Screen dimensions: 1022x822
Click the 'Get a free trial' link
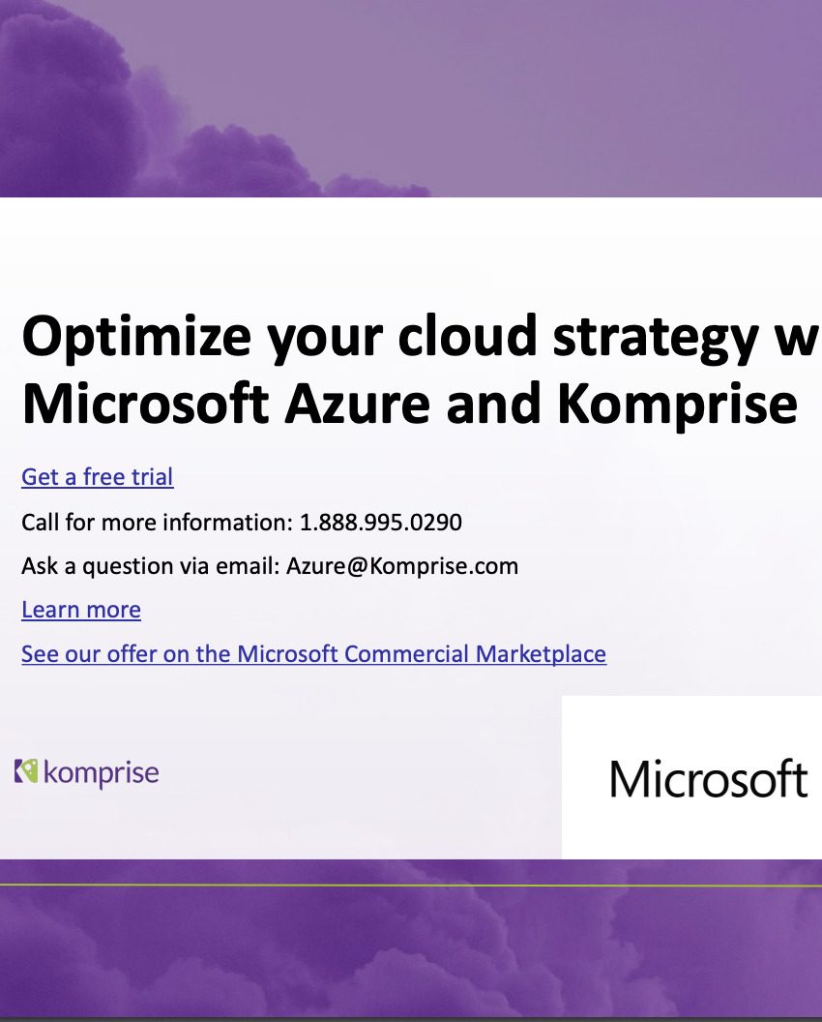click(97, 477)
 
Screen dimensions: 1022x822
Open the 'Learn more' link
click(81, 610)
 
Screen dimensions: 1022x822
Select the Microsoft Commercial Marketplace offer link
click(313, 654)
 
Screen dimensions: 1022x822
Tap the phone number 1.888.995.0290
click(381, 523)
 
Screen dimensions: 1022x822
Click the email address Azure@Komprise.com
click(402, 566)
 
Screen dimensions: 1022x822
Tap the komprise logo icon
click(26, 771)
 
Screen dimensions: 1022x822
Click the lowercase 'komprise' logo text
click(101, 774)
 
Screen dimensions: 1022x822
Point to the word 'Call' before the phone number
click(39, 523)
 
